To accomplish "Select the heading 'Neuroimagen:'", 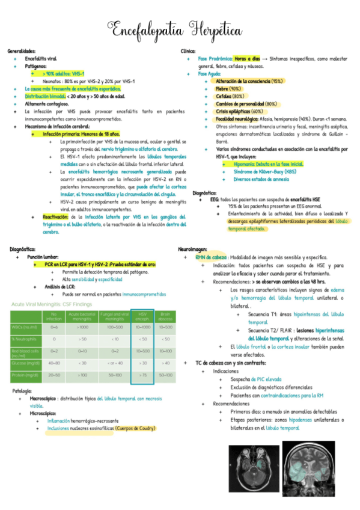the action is coord(194,248).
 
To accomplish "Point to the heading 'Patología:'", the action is coord(22,392).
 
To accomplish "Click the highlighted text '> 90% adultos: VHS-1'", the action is coord(64,73).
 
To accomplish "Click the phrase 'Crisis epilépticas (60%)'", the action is coord(239,111).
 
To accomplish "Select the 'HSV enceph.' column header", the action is coord(142,316).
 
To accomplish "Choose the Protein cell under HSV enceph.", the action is coord(142,375).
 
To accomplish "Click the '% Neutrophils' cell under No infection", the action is coord(54,339).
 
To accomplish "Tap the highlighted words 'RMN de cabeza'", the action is coord(210,256).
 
